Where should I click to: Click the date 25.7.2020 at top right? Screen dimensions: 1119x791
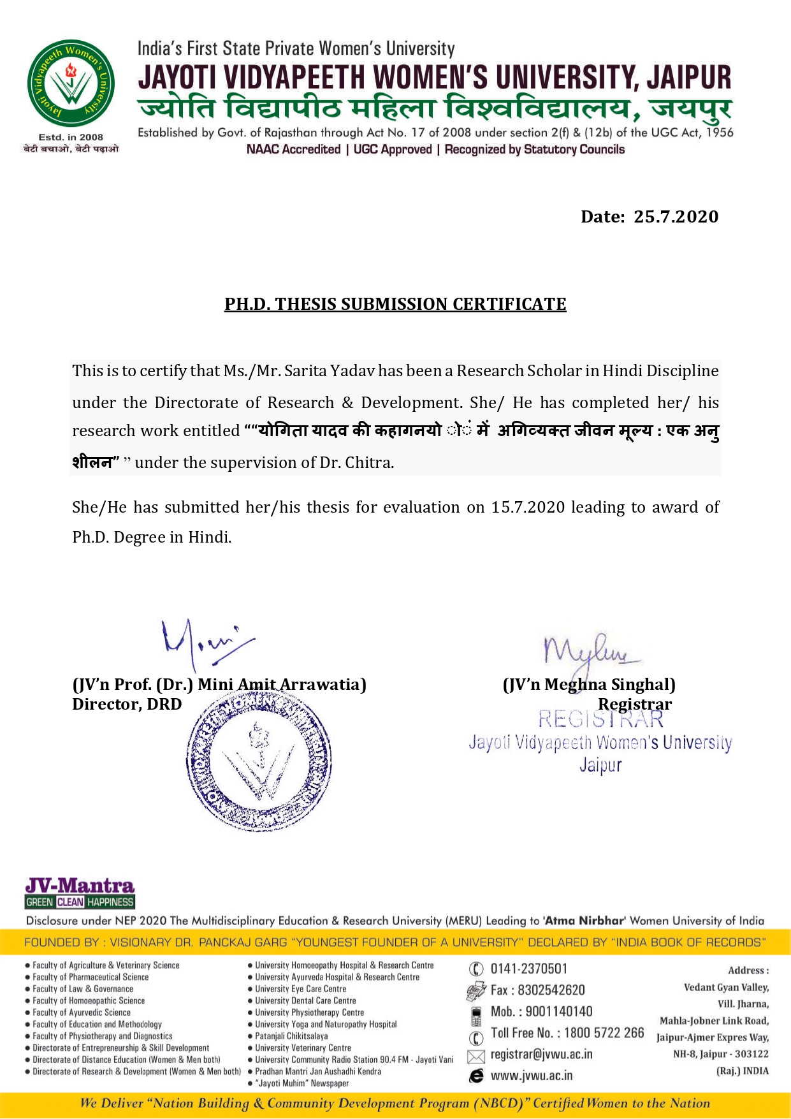click(676, 217)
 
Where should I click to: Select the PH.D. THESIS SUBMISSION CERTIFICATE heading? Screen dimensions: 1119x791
click(395, 304)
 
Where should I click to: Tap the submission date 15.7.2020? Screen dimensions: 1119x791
click(528, 508)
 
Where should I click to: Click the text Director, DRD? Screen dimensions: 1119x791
click(127, 705)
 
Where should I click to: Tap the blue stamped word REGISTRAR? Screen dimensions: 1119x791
click(600, 719)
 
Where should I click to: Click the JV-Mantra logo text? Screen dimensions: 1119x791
click(80, 886)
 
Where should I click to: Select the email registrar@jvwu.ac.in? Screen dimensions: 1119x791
click(541, 1055)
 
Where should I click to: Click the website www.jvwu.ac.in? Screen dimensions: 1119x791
click(532, 1076)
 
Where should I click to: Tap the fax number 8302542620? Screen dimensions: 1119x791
click(551, 990)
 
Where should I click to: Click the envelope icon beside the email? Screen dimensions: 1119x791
click(476, 1057)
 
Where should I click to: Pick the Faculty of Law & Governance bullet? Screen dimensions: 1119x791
click(83, 989)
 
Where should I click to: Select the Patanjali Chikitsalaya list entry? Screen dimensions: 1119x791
click(291, 1036)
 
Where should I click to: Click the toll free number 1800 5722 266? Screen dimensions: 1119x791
click(599, 1033)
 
